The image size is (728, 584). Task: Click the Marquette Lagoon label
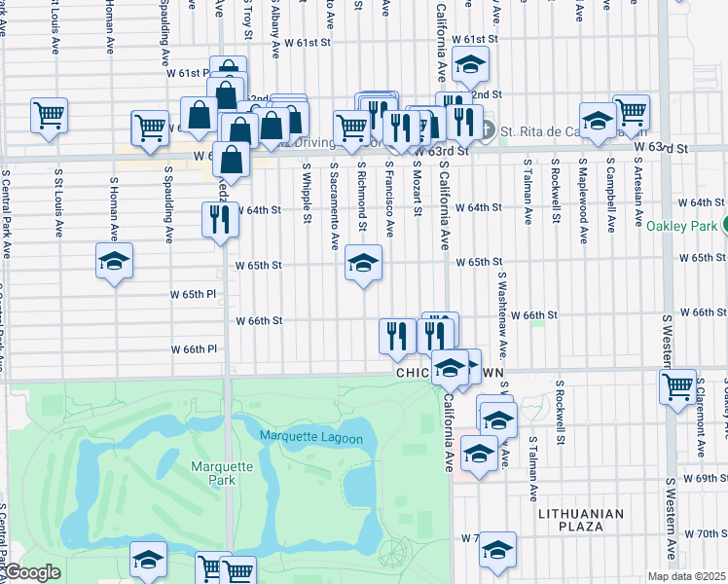310,439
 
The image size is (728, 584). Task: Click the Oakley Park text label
679,226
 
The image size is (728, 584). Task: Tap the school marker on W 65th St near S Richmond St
363,263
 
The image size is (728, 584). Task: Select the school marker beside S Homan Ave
114,261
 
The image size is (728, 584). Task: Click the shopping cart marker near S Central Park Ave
49,116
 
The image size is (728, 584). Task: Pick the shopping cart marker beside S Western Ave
677,386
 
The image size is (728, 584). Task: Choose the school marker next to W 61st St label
470,65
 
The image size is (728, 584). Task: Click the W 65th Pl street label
192,294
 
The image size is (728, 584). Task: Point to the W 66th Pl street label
193,348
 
